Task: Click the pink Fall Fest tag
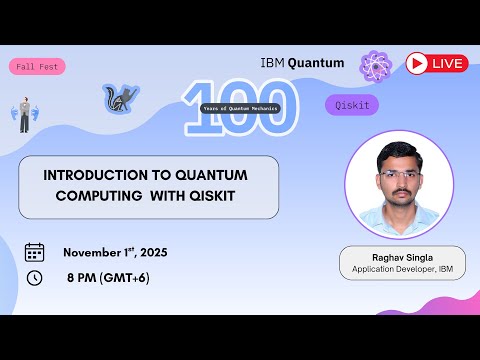(x=38, y=67)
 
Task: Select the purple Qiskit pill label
(x=351, y=105)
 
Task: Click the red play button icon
(x=417, y=64)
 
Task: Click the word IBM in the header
(x=272, y=62)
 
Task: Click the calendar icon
(x=34, y=252)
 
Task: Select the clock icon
(x=34, y=277)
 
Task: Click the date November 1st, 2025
(x=115, y=252)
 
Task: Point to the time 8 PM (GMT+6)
(x=108, y=277)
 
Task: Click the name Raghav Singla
(x=402, y=257)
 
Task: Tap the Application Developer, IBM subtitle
(x=402, y=270)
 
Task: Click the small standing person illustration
(x=25, y=116)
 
